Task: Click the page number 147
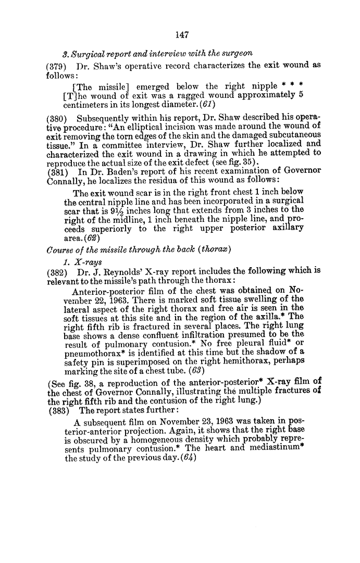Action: (181, 35)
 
